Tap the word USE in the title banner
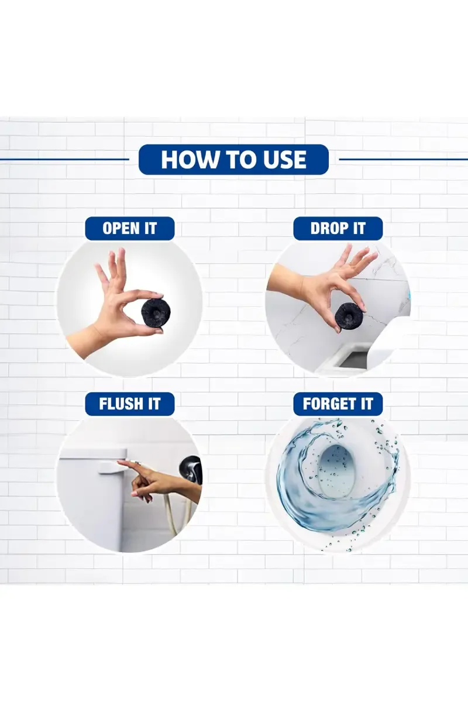(x=284, y=160)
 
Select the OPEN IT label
(x=130, y=229)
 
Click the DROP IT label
(x=338, y=229)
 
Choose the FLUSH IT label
(x=130, y=404)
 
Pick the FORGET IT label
(x=338, y=404)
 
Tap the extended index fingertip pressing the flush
(x=119, y=461)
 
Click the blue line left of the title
(x=64, y=160)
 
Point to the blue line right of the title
(x=404, y=160)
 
